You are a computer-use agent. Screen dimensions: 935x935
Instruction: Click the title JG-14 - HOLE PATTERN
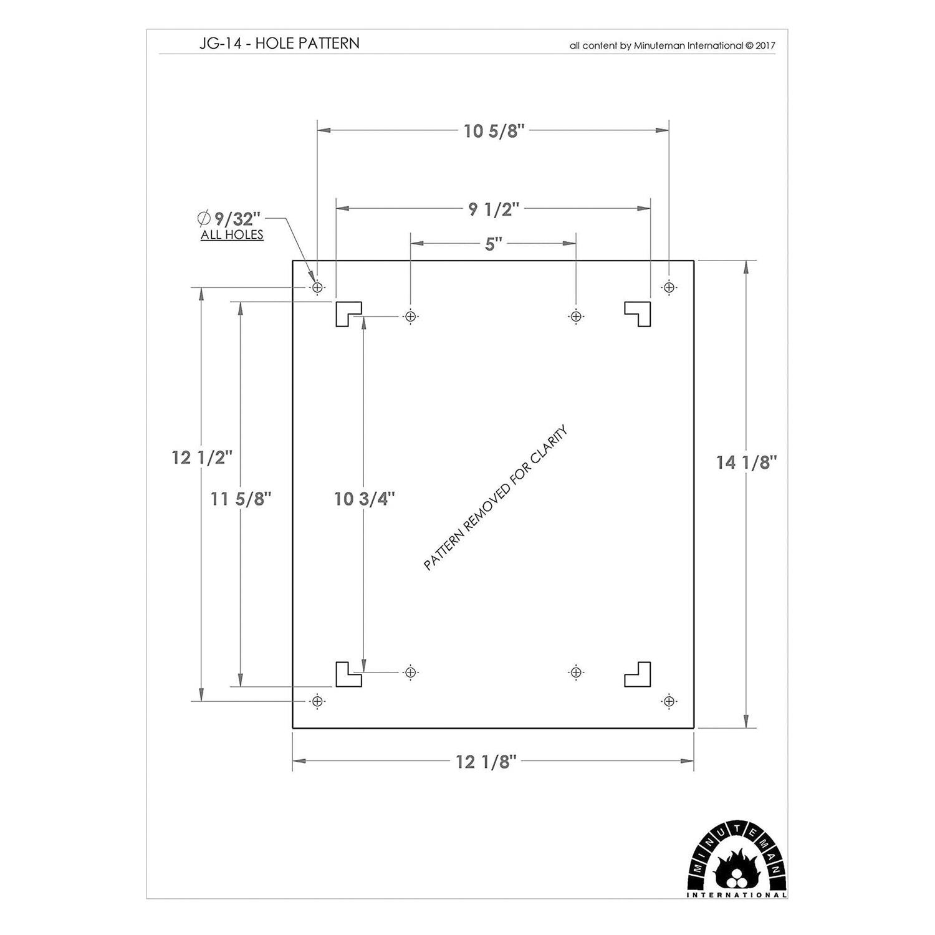[x=279, y=43]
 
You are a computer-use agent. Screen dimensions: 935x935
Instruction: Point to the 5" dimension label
[x=493, y=244]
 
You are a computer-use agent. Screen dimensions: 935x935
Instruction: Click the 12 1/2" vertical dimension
[x=201, y=458]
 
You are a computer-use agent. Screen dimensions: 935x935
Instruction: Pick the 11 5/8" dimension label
[x=241, y=499]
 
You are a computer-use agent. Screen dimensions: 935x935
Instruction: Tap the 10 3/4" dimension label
[x=364, y=499]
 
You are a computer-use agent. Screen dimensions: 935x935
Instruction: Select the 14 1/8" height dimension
[x=746, y=463]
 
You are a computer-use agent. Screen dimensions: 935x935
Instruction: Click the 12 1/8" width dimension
[x=486, y=762]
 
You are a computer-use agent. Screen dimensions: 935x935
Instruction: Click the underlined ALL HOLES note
[x=232, y=235]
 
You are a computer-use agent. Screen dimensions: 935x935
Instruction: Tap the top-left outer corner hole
[x=317, y=287]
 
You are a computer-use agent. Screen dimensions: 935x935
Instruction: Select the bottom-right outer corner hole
[x=669, y=701]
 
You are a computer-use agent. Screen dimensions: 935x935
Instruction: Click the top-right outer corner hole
[x=669, y=287]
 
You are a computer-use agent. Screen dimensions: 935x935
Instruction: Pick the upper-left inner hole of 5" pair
[x=410, y=317]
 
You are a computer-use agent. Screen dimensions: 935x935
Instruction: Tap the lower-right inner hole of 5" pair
[x=576, y=672]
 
